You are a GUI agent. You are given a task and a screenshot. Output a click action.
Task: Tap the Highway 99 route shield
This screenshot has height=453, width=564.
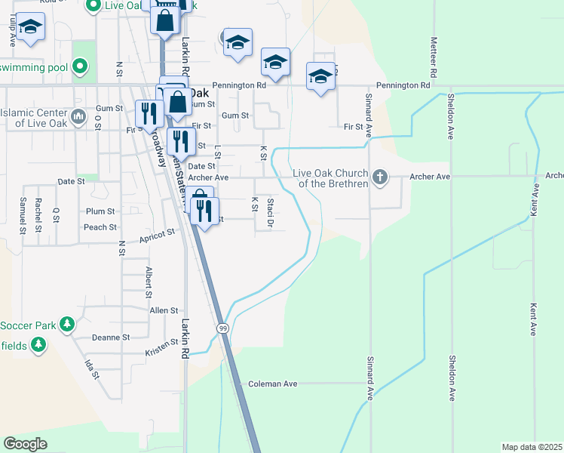[222, 328]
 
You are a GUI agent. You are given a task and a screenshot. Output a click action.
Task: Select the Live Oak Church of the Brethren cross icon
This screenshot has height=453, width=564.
[380, 177]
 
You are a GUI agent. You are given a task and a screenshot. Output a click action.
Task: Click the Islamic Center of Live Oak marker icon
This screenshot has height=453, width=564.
[78, 119]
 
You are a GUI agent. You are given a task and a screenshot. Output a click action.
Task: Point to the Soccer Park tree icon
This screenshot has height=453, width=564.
[67, 325]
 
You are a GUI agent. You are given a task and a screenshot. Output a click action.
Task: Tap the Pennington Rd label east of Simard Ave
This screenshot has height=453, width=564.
[403, 86]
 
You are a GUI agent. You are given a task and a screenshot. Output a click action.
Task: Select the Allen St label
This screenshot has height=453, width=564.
[164, 310]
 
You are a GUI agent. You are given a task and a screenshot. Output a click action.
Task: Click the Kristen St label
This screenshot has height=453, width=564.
[161, 353]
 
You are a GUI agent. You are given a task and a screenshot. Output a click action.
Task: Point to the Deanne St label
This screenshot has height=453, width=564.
[111, 337]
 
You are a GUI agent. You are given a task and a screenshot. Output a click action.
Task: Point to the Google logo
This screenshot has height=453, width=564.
[25, 444]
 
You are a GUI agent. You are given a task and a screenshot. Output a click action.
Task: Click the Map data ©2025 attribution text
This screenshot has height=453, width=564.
[532, 447]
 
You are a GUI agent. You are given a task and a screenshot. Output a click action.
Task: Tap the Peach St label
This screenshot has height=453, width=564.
[100, 227]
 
